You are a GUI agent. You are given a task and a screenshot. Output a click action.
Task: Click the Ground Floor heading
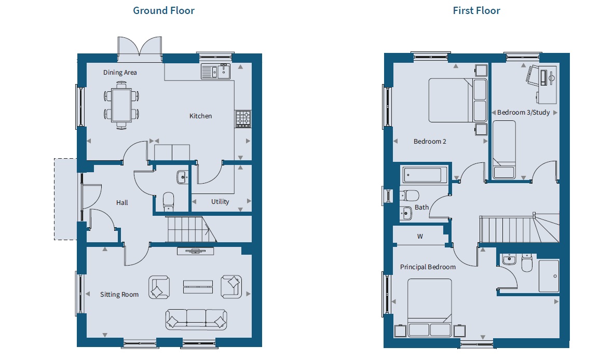tap(163, 10)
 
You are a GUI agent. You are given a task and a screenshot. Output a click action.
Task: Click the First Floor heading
tap(476, 10)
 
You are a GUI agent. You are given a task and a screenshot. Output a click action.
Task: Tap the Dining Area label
tap(120, 73)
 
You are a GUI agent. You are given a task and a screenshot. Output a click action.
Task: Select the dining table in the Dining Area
tap(121, 105)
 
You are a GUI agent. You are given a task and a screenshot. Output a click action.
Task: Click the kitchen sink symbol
tap(215, 72)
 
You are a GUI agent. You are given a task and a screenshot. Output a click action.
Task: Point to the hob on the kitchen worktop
tap(243, 119)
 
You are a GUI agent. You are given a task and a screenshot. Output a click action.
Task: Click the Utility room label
tap(220, 201)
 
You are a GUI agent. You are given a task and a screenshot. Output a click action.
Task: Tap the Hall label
tap(122, 203)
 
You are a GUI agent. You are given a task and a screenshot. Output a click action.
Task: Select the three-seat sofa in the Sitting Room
tap(196, 319)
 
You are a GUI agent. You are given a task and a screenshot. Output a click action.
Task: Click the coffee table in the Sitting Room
tap(198, 287)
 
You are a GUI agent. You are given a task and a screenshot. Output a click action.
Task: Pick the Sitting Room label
tap(119, 295)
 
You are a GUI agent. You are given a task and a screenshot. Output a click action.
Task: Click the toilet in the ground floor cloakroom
tap(168, 201)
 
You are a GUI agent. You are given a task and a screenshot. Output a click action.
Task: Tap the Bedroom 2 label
tap(430, 142)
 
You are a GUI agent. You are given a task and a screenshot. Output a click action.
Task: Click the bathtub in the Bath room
tap(425, 175)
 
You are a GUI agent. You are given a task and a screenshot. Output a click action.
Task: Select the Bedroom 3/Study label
tap(524, 113)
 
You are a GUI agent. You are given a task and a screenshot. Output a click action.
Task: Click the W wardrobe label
tap(420, 237)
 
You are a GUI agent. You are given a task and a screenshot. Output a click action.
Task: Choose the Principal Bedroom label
tap(428, 267)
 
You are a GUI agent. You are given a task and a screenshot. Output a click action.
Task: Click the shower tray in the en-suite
tap(549, 276)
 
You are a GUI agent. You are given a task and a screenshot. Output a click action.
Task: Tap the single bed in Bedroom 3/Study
tap(504, 149)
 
